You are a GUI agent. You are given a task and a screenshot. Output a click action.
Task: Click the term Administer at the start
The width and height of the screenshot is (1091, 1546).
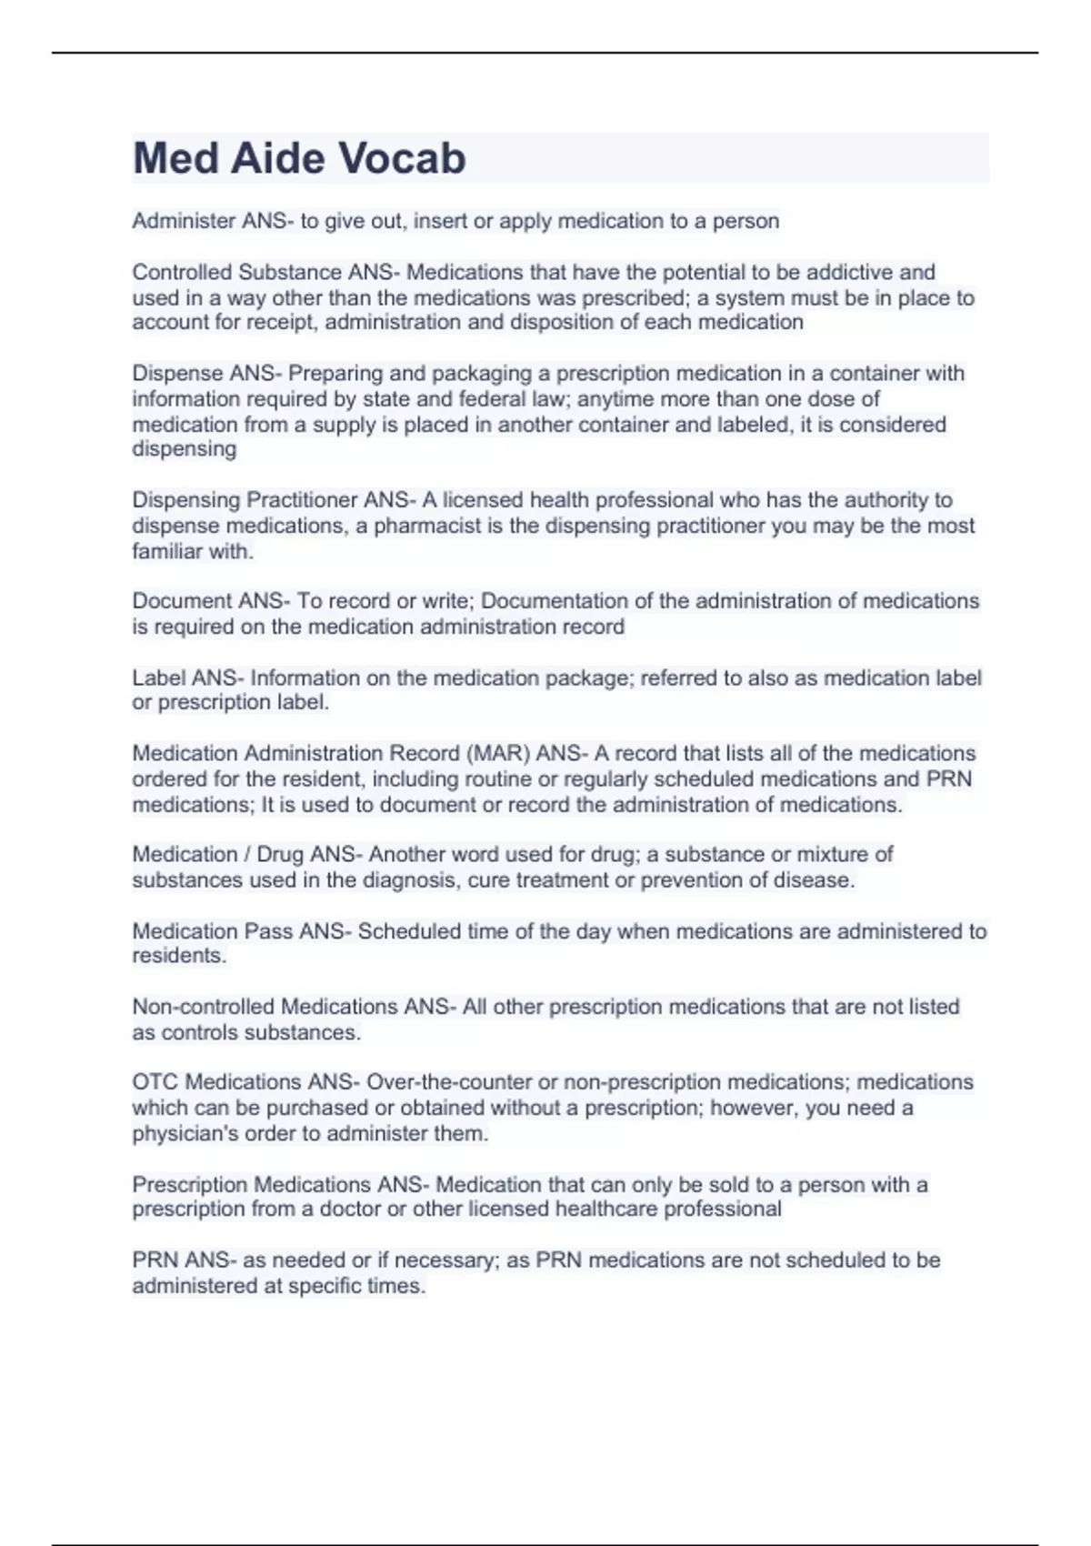184,221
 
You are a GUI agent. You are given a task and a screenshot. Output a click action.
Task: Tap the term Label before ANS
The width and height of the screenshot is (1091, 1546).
159,678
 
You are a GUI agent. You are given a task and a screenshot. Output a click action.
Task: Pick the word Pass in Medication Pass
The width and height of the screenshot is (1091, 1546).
268,931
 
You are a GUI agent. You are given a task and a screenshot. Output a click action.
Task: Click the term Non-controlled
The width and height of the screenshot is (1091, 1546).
204,1007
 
